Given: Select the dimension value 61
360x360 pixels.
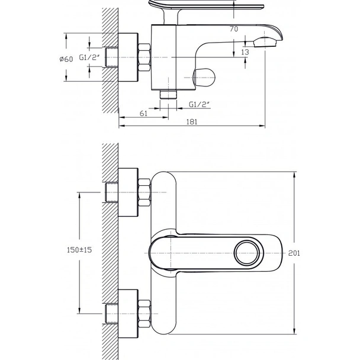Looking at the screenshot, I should (x=144, y=114).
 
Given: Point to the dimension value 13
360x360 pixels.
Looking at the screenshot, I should (x=245, y=53).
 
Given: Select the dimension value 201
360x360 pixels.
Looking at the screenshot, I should (x=295, y=253).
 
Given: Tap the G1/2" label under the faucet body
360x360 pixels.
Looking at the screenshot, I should (x=199, y=104).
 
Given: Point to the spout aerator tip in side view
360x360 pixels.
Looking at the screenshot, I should (x=266, y=41).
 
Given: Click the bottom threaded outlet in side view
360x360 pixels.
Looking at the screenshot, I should (x=169, y=95).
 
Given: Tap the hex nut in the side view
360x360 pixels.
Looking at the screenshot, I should (x=144, y=57).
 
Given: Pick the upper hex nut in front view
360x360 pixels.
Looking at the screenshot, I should (x=144, y=192).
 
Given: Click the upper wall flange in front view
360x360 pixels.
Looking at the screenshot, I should (x=128, y=192).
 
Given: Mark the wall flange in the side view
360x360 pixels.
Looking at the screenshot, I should (x=128, y=57).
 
